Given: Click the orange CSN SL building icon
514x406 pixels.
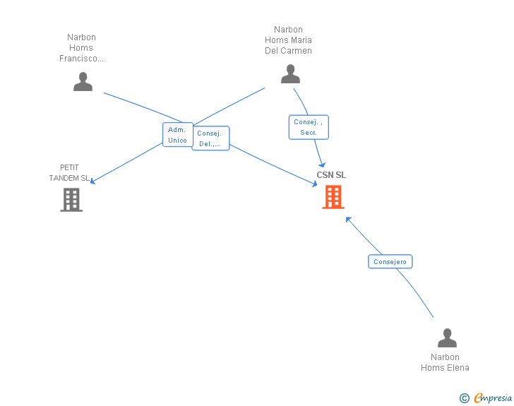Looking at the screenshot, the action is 333,197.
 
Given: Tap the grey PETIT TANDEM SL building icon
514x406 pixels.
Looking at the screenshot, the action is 71,200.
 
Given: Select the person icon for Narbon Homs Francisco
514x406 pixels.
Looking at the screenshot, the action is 83,82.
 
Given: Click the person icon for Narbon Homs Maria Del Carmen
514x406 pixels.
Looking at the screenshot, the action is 290,74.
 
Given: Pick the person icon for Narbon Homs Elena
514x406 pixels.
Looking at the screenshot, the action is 447,338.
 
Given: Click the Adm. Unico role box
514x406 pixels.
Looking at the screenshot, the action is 178,135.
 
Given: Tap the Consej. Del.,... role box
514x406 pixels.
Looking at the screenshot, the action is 211,138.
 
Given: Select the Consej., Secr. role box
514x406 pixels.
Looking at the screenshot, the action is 309,127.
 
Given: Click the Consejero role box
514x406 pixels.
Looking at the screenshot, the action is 390,262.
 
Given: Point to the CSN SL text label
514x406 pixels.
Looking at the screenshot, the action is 331,175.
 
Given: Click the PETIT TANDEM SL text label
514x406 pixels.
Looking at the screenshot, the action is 69,173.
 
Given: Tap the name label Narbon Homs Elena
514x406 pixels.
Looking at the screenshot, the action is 445,362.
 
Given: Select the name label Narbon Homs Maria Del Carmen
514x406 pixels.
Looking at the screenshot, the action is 288,40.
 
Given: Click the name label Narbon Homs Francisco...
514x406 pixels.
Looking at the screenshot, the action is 81,48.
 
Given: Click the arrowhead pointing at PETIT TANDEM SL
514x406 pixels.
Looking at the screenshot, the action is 92,181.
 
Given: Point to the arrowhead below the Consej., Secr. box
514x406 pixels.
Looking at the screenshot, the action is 322,165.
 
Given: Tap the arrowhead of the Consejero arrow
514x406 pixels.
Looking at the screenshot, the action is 348,220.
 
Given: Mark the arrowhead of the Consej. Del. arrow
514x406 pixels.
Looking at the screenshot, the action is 315,184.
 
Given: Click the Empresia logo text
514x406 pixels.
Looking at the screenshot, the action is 493,398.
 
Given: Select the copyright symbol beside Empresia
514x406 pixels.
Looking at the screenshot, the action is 464,398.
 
